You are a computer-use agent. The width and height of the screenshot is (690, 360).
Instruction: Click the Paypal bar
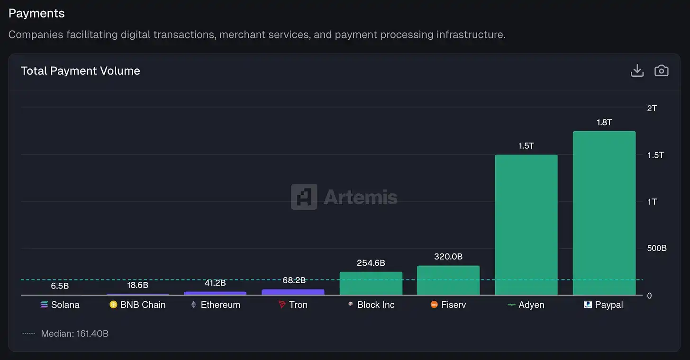point(604,213)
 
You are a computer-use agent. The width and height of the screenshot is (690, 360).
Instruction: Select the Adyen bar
point(526,225)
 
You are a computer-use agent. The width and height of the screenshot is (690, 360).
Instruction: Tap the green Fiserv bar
point(448,280)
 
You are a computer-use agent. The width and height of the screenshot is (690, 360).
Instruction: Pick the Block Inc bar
point(371,283)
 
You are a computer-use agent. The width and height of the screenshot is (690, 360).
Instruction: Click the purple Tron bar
point(293,292)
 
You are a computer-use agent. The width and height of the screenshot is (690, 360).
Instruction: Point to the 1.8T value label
point(604,122)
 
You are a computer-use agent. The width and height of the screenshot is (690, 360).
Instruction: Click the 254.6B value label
point(371,263)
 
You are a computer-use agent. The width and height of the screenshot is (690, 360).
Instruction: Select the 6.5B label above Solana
point(60,286)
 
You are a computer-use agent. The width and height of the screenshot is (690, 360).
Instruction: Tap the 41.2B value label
point(215,283)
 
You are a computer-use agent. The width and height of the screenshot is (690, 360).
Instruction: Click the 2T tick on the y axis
point(652,108)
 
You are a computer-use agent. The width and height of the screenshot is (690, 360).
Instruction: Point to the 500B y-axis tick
point(657,248)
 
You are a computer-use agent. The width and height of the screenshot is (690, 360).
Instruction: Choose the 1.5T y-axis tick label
point(655,155)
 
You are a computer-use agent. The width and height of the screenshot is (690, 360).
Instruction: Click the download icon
point(637,71)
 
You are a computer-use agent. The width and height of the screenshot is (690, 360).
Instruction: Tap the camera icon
point(661,71)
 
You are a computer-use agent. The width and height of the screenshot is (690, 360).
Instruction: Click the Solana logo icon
point(44,305)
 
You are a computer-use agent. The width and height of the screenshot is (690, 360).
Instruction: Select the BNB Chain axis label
point(143,305)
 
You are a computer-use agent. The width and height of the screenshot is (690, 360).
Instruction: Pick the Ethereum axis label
point(220,305)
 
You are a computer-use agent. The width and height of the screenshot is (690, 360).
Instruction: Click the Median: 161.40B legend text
point(75,333)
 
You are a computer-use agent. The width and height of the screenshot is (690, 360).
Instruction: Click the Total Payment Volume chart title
point(81,71)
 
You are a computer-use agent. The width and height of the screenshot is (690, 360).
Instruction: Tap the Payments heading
point(36,13)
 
